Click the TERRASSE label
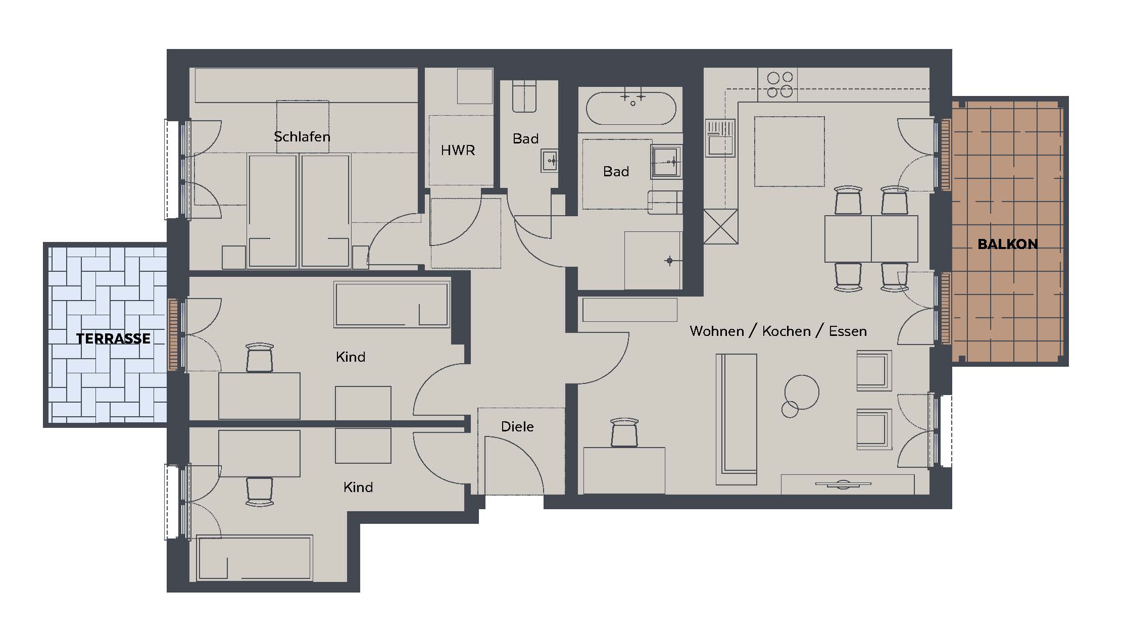click(x=113, y=338)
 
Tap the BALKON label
click(x=1008, y=244)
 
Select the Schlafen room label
click(x=302, y=136)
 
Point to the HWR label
click(x=458, y=150)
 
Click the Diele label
click(x=517, y=427)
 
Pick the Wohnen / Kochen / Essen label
click(x=778, y=331)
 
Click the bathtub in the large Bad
click(x=631, y=108)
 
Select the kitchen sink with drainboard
click(x=720, y=138)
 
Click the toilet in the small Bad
click(x=524, y=96)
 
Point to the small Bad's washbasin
click(x=550, y=161)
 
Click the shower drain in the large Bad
click(x=669, y=261)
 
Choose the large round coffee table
click(x=802, y=392)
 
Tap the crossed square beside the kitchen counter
click(x=721, y=226)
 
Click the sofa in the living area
click(x=737, y=419)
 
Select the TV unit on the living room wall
click(x=848, y=484)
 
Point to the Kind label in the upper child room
click(x=351, y=357)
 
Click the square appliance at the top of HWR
click(x=475, y=86)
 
